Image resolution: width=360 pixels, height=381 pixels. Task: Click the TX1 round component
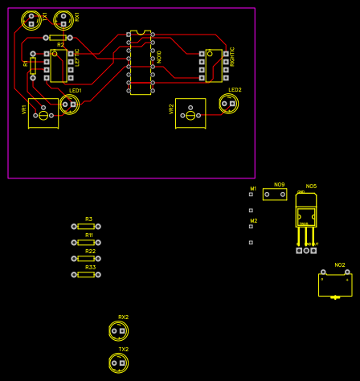31,19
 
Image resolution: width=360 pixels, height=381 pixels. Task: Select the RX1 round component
63,19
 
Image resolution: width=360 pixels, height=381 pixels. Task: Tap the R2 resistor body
58,38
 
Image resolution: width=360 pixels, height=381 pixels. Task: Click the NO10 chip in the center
141,63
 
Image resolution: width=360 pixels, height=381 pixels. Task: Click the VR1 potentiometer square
43,114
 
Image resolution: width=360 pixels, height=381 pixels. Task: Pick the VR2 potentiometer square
190,113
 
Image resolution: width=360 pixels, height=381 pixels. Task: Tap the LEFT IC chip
59,65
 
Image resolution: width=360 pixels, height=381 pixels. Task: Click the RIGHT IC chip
214,66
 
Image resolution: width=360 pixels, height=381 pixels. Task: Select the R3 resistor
86,227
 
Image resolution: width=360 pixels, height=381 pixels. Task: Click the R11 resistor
86,242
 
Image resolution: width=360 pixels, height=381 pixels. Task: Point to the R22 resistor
86,259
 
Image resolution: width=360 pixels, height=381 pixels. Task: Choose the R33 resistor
86,275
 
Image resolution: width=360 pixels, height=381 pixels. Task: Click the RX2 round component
118,330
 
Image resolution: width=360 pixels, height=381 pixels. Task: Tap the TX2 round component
118,363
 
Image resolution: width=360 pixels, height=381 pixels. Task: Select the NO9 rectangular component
275,195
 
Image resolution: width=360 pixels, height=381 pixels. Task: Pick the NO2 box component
335,285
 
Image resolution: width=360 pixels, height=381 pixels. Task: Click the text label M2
254,221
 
